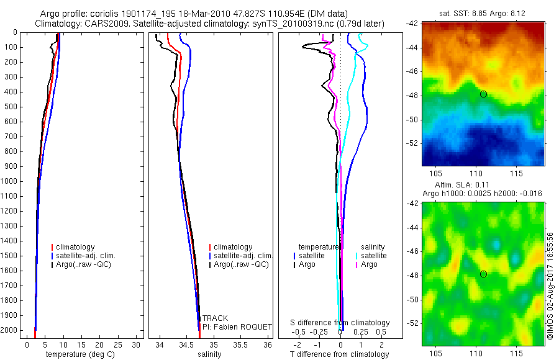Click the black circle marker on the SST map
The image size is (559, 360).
483,94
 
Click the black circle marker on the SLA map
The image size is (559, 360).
483,274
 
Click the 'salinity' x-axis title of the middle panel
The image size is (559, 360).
208,354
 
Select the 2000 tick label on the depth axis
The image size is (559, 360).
11,331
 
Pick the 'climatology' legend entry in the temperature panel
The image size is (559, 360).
76,247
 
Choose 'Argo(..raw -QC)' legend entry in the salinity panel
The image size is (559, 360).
241,265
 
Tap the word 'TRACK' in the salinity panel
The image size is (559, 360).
215,318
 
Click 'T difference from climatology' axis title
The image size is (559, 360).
340,354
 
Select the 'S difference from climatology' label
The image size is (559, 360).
340,323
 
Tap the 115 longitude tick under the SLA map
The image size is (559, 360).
516,353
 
